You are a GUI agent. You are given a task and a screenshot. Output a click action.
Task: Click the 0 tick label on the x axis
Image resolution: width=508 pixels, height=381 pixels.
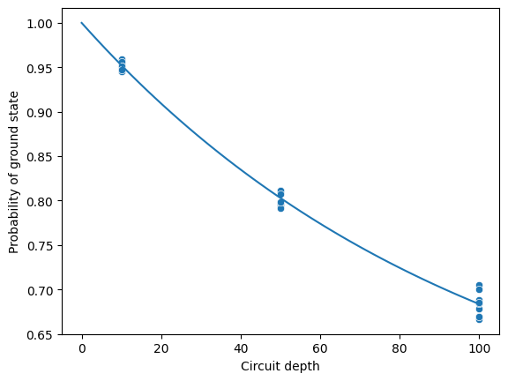pos(82,348)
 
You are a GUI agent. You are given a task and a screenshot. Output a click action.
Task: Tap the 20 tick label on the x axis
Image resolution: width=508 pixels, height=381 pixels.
pos(161,348)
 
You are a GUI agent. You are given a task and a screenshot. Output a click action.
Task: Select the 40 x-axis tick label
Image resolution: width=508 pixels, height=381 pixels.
pos(241,348)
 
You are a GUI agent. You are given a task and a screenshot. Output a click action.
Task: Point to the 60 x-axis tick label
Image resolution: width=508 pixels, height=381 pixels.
pos(320,348)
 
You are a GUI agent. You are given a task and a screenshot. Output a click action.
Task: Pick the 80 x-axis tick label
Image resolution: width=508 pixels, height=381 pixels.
pos(400,348)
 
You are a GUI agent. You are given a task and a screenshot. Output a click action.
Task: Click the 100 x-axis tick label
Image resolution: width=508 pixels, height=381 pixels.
pos(479,348)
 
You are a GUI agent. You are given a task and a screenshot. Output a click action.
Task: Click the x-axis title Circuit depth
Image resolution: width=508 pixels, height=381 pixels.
pos(280,366)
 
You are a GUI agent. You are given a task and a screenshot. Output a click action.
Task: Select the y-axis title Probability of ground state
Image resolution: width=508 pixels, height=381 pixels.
pos(13,172)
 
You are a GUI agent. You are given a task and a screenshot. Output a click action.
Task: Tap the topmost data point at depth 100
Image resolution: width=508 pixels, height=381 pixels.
pos(479,286)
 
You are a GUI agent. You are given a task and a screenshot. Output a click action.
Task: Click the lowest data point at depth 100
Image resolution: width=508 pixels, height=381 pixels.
pos(479,319)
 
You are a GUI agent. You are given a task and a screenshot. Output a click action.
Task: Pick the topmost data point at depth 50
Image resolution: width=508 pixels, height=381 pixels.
pos(280,190)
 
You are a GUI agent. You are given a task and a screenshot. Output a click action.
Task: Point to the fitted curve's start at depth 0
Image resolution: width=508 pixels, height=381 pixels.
pos(81,23)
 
